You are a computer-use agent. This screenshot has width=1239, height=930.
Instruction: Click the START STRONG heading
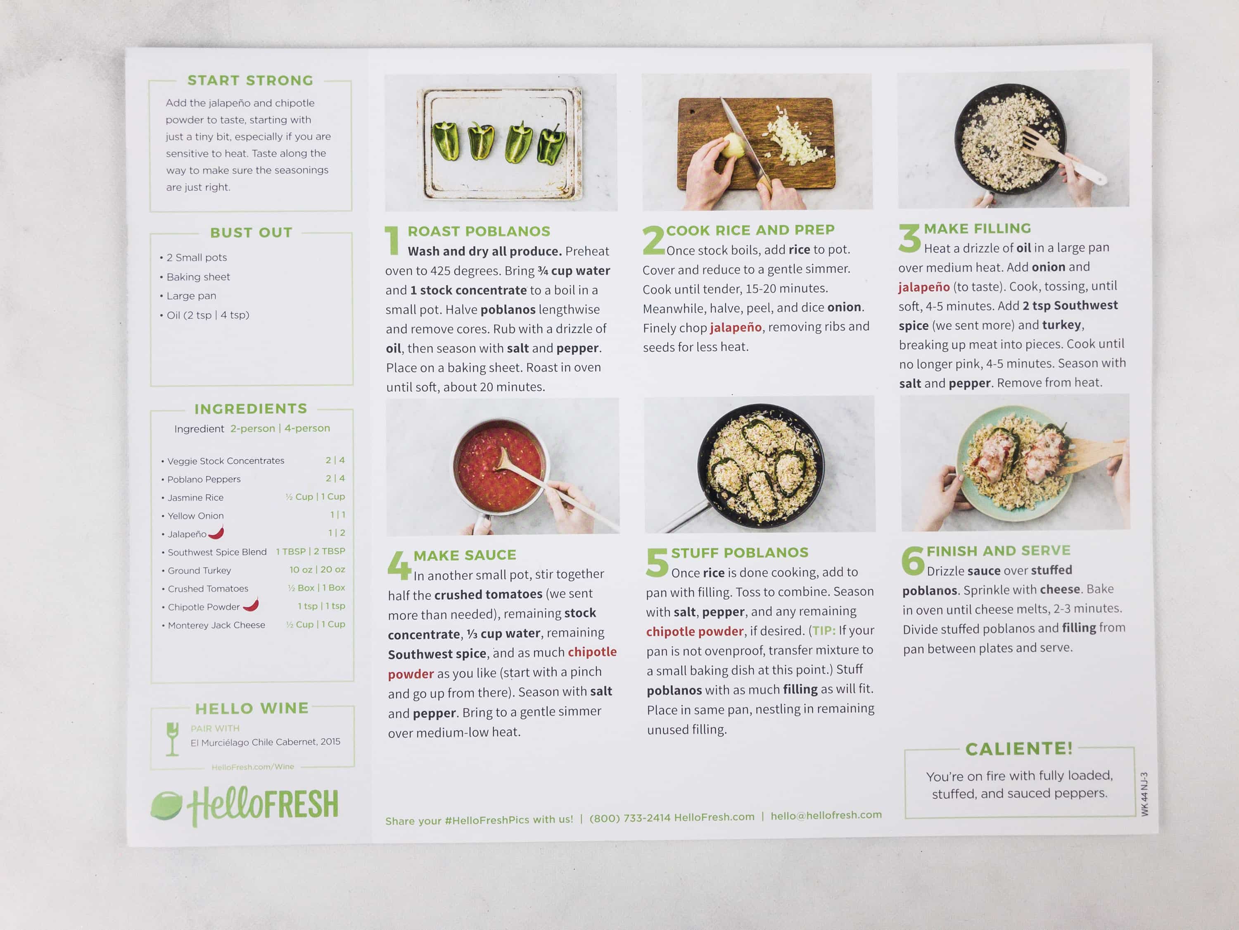click(250, 81)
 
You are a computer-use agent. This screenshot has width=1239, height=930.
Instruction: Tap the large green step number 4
click(399, 565)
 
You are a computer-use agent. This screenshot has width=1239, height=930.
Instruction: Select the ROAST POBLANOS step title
click(479, 231)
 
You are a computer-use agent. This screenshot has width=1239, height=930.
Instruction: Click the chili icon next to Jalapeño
click(216, 532)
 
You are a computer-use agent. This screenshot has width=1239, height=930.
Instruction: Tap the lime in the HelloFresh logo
click(166, 805)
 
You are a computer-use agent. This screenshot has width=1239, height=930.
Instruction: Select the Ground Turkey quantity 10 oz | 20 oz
click(317, 570)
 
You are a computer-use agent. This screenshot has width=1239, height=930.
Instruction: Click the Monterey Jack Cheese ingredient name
click(216, 625)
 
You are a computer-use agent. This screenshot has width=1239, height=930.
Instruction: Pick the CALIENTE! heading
click(1019, 749)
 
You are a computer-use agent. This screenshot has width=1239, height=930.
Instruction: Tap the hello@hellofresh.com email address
click(826, 816)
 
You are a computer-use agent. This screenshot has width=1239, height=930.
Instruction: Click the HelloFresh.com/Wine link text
click(253, 767)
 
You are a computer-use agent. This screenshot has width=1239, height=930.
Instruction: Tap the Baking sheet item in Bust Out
click(198, 277)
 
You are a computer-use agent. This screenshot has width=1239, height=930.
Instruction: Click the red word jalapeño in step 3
click(923, 287)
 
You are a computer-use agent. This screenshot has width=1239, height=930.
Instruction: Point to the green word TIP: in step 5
click(824, 631)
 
